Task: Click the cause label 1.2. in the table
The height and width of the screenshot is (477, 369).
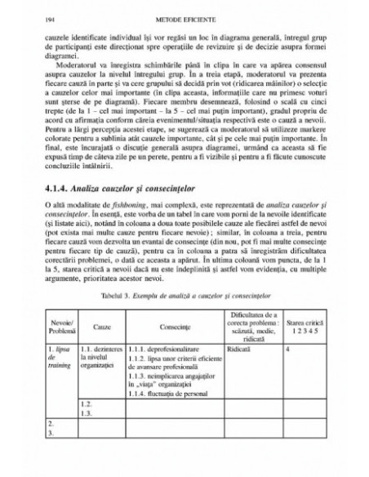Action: tap(88, 427)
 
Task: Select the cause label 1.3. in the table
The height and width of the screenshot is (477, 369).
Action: tap(88, 437)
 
